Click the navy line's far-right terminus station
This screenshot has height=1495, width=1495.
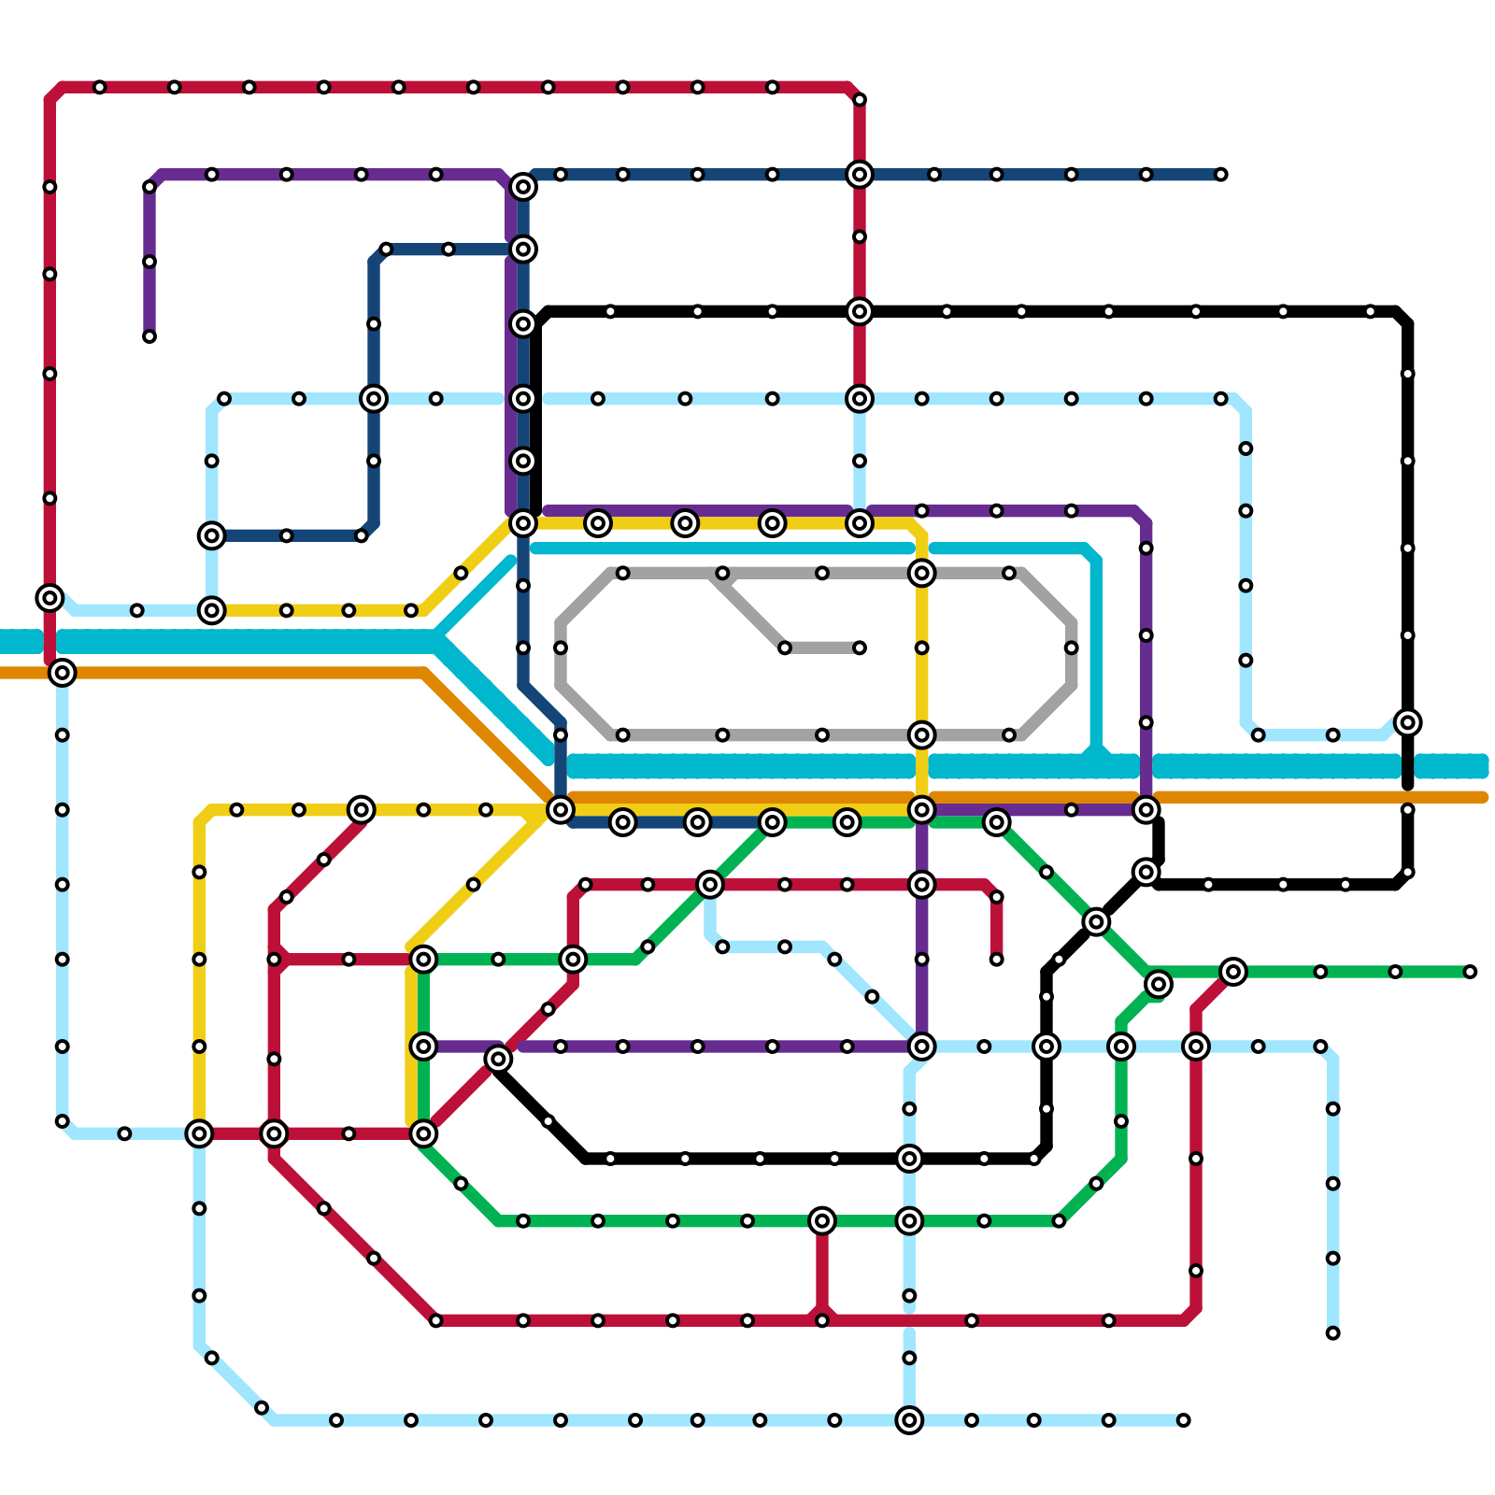pyautogui.click(x=1220, y=175)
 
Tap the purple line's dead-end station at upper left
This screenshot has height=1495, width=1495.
pyautogui.click(x=149, y=336)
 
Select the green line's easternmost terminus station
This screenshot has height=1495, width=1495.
pyautogui.click(x=1470, y=972)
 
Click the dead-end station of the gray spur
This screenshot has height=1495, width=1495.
pyautogui.click(x=859, y=648)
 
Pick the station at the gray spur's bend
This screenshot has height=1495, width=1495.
pyautogui.click(x=785, y=648)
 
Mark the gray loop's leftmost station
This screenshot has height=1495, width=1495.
pyautogui.click(x=561, y=648)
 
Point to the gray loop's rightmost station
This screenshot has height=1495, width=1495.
pyautogui.click(x=1071, y=648)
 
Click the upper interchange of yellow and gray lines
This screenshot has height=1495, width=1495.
pyautogui.click(x=921, y=573)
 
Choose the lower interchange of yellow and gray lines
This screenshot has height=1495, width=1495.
pyautogui.click(x=921, y=735)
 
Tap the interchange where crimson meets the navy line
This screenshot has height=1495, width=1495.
pyautogui.click(x=859, y=175)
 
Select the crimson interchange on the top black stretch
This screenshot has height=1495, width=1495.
pyautogui.click(x=859, y=311)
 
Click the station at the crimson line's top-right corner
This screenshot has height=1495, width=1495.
pyautogui.click(x=859, y=100)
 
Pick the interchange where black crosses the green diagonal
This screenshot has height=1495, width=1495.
pyautogui.click(x=1096, y=922)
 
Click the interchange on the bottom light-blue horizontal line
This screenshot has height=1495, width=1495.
pyautogui.click(x=909, y=1420)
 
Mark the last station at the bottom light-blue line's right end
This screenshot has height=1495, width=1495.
pyautogui.click(x=1183, y=1420)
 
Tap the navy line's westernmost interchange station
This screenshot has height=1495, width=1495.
pyautogui.click(x=212, y=535)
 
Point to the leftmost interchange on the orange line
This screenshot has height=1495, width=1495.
pyautogui.click(x=63, y=672)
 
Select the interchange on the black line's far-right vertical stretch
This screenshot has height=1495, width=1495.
pyautogui.click(x=1407, y=722)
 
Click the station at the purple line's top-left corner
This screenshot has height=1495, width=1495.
pyautogui.click(x=149, y=187)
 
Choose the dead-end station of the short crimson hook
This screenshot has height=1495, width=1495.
pyautogui.click(x=996, y=960)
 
